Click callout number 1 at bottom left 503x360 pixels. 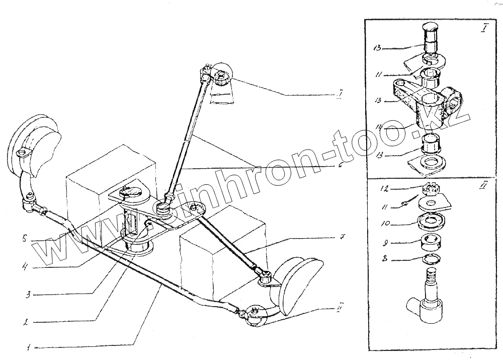point(29,347)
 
